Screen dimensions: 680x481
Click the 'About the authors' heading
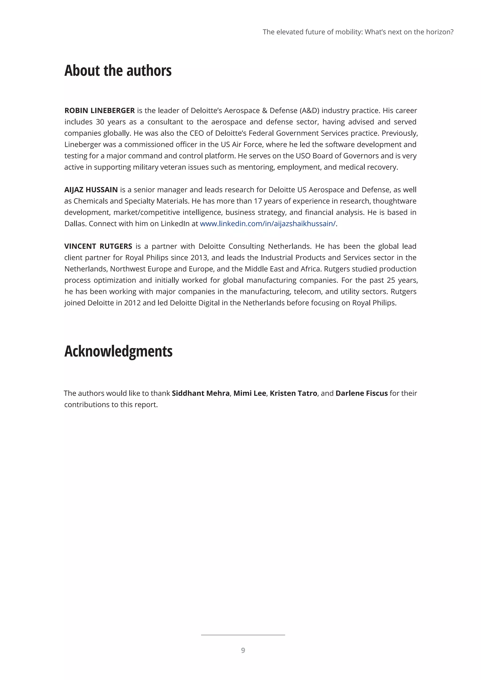tap(118, 71)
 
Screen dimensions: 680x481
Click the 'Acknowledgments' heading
tap(118, 351)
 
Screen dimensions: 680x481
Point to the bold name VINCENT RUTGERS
tap(98, 246)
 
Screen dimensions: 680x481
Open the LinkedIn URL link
tap(268, 224)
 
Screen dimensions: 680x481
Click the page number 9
tap(243, 650)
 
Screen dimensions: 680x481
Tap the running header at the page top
tap(358, 32)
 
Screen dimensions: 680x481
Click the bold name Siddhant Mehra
tap(201, 393)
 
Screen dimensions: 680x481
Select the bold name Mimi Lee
tap(249, 393)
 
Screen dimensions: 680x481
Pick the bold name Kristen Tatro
tap(293, 393)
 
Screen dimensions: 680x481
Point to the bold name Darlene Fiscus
tap(361, 393)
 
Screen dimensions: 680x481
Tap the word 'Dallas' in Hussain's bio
tap(75, 224)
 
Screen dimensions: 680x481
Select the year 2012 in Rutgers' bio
tap(132, 303)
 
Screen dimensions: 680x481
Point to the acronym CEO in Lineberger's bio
tap(197, 133)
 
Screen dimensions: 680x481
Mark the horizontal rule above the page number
tap(243, 635)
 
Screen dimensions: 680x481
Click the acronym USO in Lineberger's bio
tap(303, 156)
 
